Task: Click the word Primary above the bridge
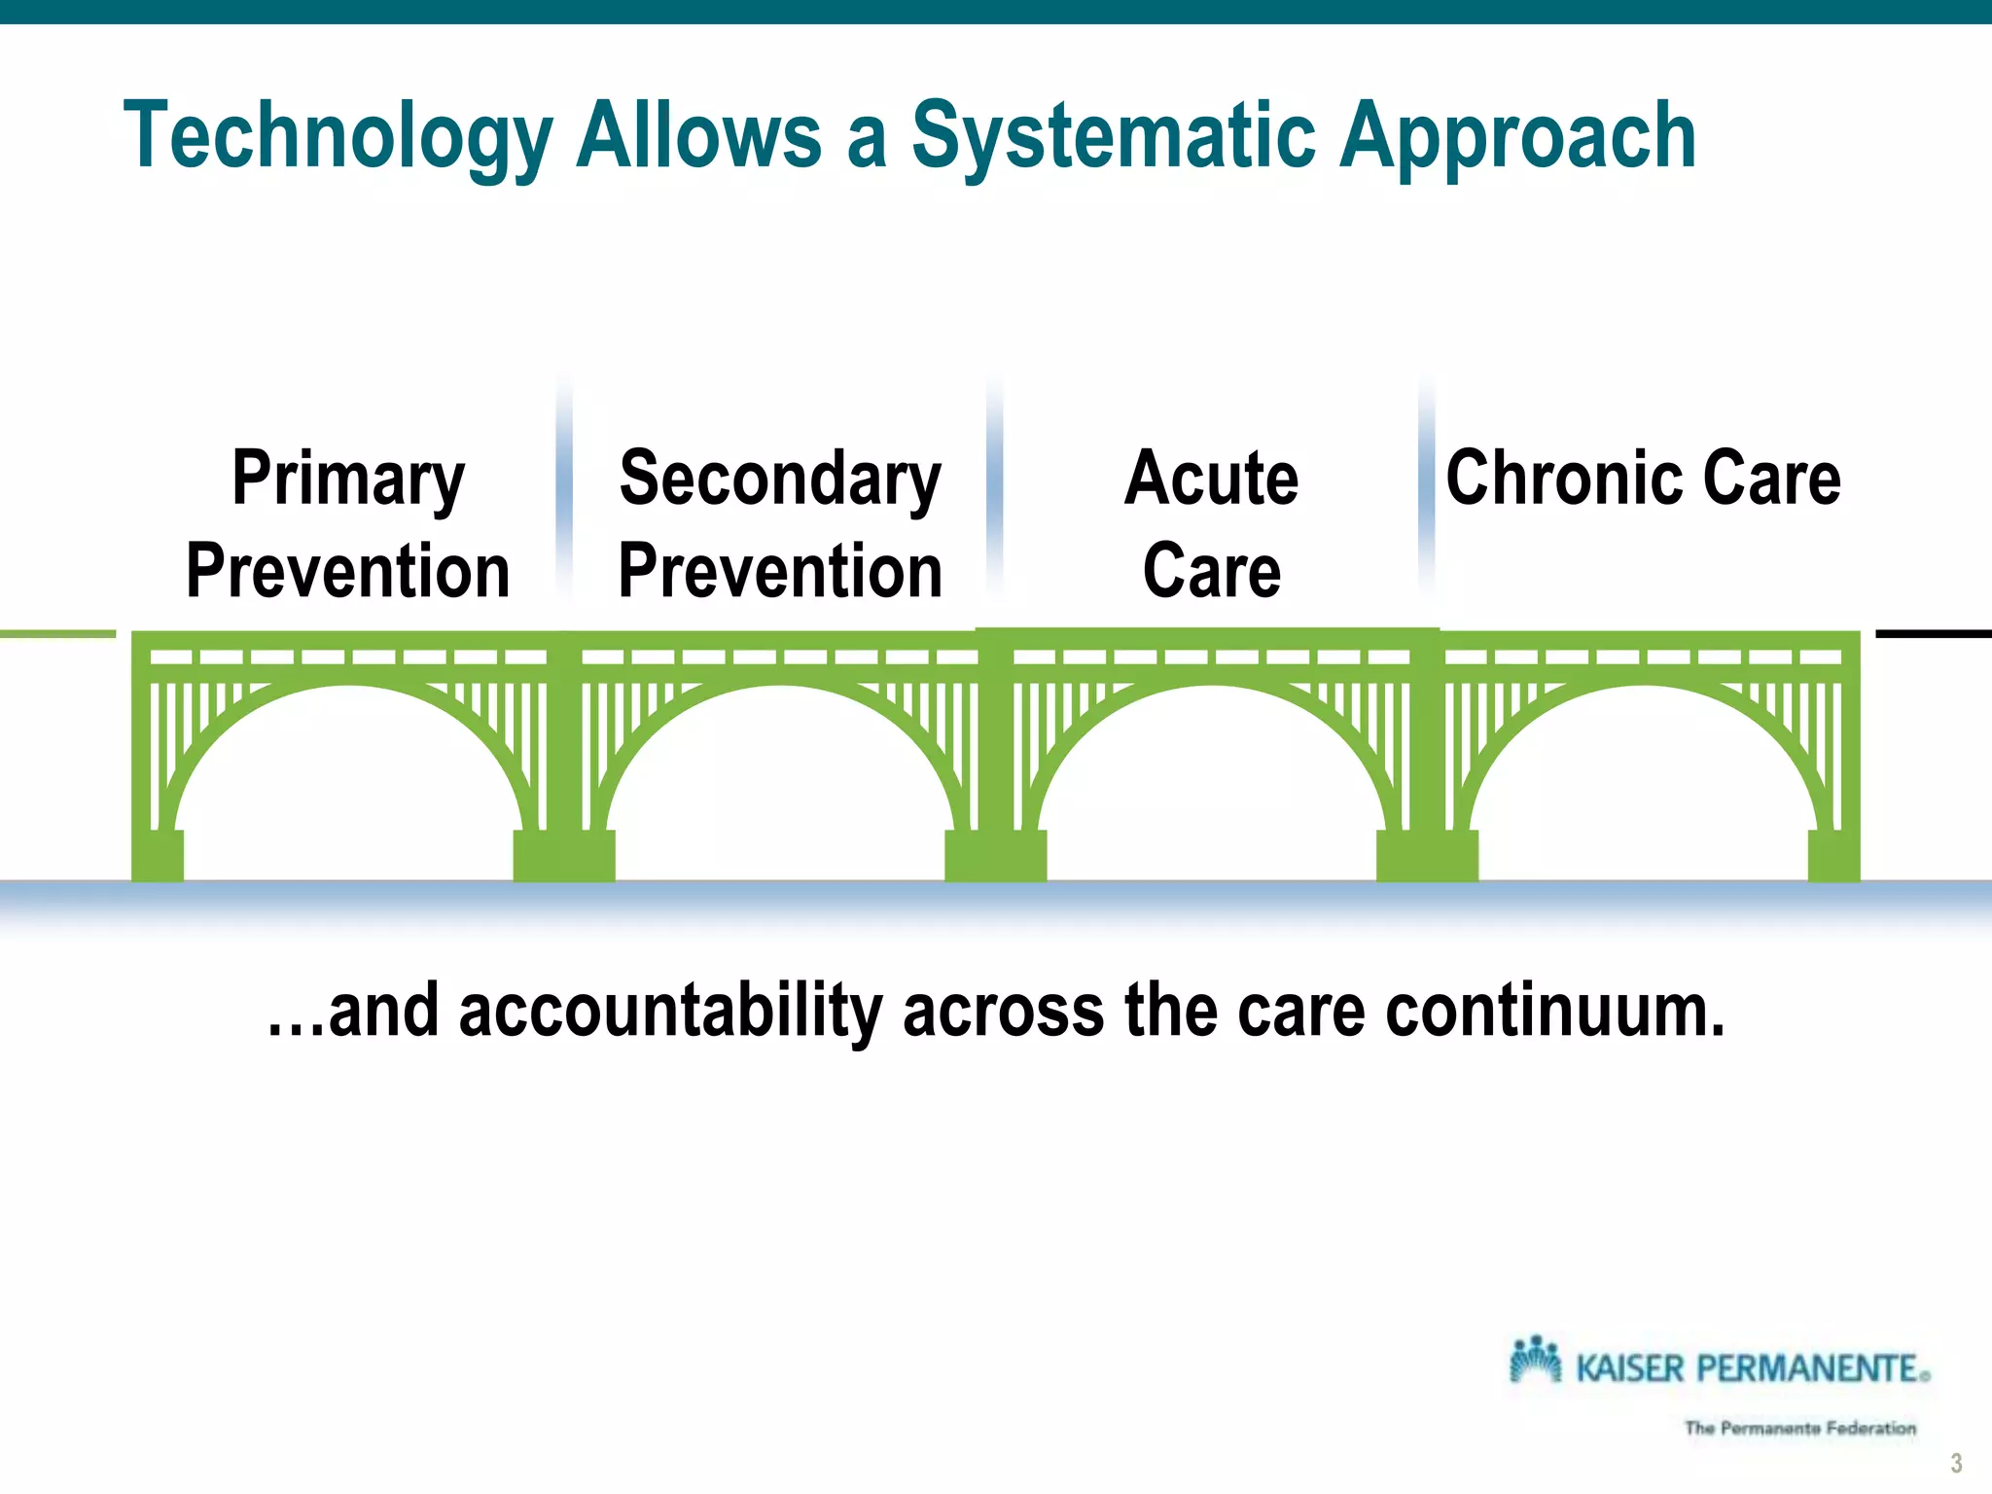coord(348,479)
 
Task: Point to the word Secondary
coord(780,479)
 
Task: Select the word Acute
coord(1211,479)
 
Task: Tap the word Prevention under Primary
coord(348,572)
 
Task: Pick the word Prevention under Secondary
coord(780,572)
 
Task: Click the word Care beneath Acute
coord(1211,572)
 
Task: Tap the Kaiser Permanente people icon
coord(1535,1359)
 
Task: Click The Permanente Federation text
coord(1799,1428)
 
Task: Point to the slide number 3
coord(1956,1463)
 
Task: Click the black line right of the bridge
coord(1933,634)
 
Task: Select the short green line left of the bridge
coord(57,634)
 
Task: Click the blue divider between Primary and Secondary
coord(564,486)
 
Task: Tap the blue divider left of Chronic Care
coord(1427,486)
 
